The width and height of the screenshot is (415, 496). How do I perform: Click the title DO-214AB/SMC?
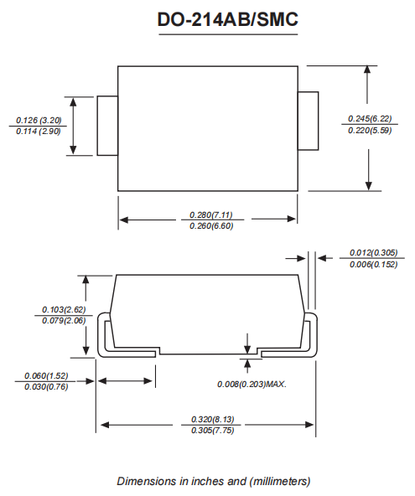click(227, 21)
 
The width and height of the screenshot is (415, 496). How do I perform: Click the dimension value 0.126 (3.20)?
click(39, 120)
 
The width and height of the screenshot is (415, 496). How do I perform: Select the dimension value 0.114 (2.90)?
click(39, 132)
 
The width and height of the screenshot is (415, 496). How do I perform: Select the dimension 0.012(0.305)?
click(373, 252)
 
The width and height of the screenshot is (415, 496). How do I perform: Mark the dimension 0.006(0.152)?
click(373, 265)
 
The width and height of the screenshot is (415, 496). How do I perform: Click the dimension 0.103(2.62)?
click(65, 308)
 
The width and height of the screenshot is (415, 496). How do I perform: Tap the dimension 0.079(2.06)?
click(65, 321)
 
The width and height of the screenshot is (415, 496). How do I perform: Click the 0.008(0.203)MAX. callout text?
click(252, 384)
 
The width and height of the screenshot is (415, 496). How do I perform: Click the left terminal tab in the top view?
click(106, 126)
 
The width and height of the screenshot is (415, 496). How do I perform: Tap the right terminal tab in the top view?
click(309, 121)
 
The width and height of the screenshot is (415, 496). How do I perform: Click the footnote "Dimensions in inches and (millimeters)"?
click(214, 481)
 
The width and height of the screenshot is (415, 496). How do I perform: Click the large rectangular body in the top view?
click(207, 128)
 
